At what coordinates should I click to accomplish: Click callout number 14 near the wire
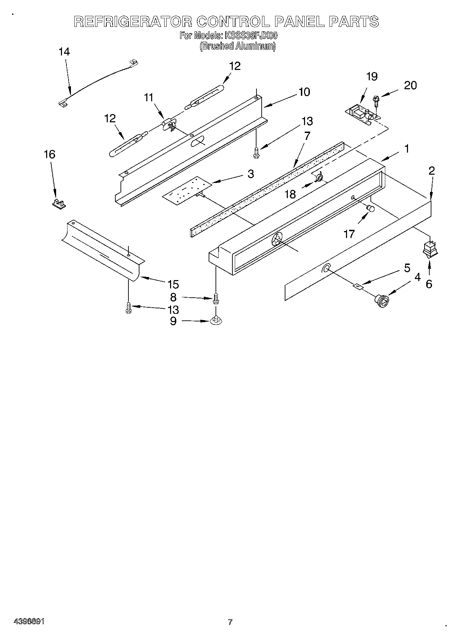click(x=64, y=52)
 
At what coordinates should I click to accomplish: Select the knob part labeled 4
click(x=381, y=300)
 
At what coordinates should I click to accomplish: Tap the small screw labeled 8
click(x=216, y=298)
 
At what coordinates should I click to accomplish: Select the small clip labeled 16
click(x=59, y=204)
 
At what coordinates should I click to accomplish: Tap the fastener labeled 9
click(x=216, y=320)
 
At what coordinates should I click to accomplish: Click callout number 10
click(x=304, y=92)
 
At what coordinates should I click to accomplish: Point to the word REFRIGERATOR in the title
click(x=133, y=22)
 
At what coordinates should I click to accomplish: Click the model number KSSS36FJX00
click(x=251, y=35)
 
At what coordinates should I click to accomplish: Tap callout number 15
click(x=173, y=284)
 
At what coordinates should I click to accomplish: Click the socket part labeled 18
click(x=319, y=178)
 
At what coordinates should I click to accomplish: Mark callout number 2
click(x=432, y=171)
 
